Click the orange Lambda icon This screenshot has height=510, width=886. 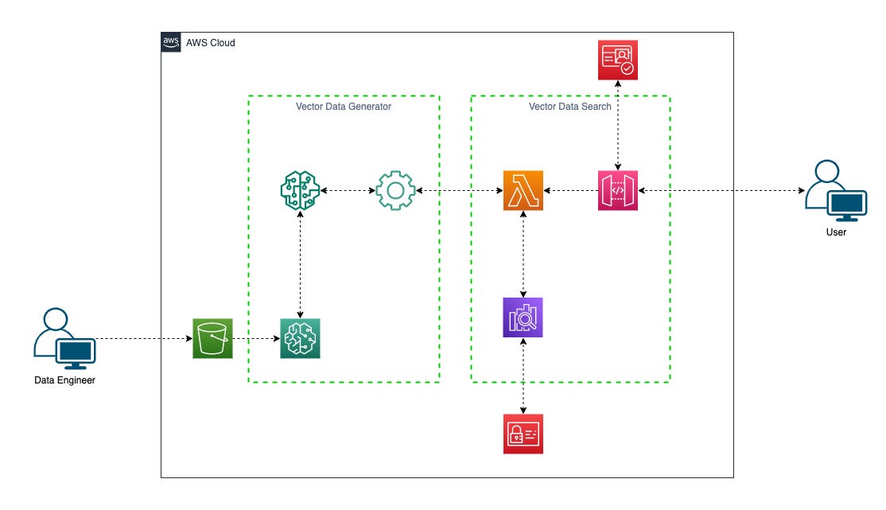[x=523, y=191]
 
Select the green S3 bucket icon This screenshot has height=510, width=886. [x=212, y=338]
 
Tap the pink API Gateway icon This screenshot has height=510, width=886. [x=618, y=191]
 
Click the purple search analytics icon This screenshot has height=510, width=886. [x=523, y=317]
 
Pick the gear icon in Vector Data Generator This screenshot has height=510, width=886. [x=395, y=191]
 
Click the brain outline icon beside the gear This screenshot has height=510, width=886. [x=300, y=191]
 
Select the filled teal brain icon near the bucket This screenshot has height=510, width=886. [x=300, y=338]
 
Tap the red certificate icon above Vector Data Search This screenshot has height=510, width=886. [x=618, y=60]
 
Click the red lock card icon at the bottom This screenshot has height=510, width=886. [x=523, y=434]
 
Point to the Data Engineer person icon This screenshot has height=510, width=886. [x=64, y=338]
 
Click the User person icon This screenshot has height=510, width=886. [x=835, y=191]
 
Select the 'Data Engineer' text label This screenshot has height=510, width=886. [x=64, y=380]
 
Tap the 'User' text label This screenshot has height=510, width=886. [x=836, y=232]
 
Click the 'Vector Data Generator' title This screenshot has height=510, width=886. [x=338, y=107]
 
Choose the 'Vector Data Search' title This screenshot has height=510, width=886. [x=570, y=107]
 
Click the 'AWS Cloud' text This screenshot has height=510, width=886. [x=210, y=42]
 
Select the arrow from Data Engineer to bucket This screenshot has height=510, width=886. [x=143, y=338]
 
